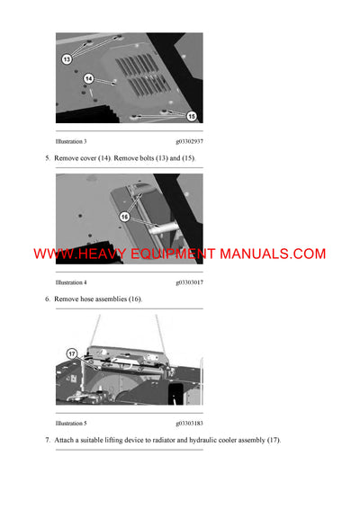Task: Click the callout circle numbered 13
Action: [x=67, y=58]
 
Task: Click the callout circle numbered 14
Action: [x=89, y=79]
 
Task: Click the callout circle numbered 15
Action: [x=192, y=115]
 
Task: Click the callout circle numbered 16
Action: [x=125, y=216]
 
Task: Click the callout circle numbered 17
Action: [x=72, y=353]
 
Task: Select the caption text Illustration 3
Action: [x=71, y=142]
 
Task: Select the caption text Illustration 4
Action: [x=71, y=282]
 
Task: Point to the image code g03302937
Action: [x=189, y=142]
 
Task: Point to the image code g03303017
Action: [x=189, y=282]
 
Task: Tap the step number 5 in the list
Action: [x=48, y=158]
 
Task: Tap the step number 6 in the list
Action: [x=48, y=299]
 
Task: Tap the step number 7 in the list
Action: [x=48, y=440]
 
